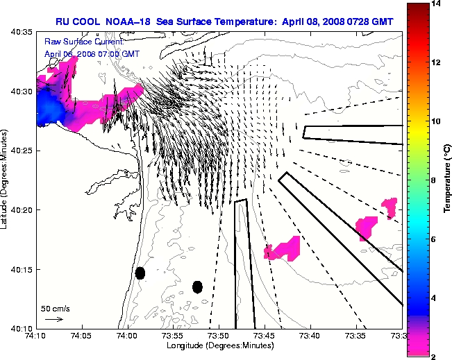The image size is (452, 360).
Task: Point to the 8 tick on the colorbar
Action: pos(435,180)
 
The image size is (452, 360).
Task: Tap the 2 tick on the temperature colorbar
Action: pos(435,356)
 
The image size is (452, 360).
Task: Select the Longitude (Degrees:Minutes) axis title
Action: pos(218,345)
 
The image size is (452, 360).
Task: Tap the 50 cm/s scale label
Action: pos(56,308)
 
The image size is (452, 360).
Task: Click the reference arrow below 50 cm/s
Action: pos(53,319)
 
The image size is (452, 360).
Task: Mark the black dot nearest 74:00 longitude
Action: pos(140,273)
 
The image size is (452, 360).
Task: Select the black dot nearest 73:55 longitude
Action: pos(197,286)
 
